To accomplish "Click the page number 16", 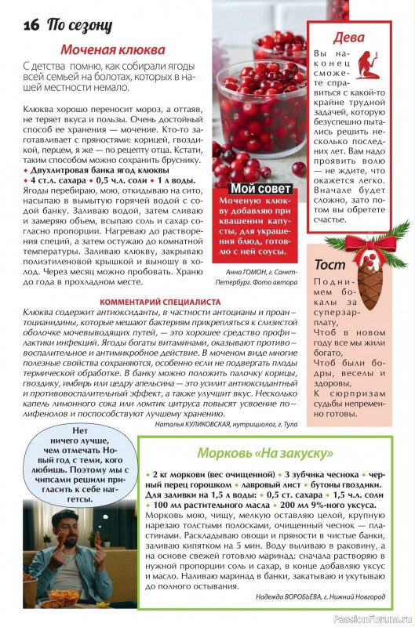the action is pyautogui.click(x=31, y=24).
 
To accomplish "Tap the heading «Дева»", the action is pyautogui.click(x=348, y=37).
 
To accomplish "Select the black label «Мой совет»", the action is pyautogui.click(x=260, y=188).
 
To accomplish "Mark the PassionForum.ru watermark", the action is pyautogui.click(x=372, y=618).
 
